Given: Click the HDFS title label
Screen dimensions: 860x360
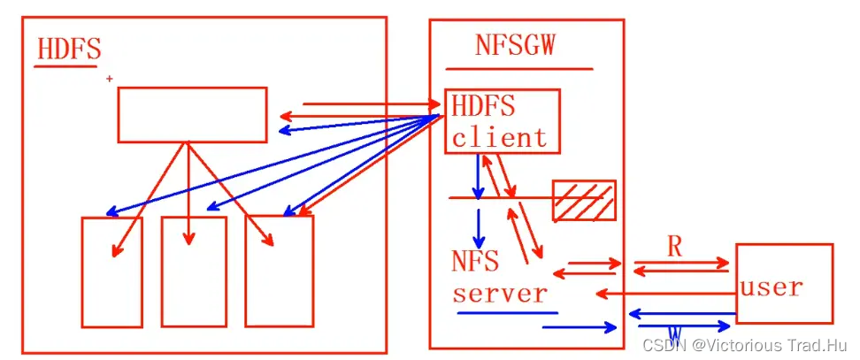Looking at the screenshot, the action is (x=69, y=50).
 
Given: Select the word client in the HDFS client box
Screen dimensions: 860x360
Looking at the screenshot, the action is (x=499, y=137).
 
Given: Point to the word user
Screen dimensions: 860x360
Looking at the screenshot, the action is (x=772, y=287).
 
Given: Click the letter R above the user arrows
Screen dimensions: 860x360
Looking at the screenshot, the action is (x=674, y=248).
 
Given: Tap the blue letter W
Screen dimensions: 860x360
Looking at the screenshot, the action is (x=675, y=333).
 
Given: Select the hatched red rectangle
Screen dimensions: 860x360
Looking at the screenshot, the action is (x=584, y=200).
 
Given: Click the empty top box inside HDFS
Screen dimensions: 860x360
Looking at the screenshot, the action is (x=193, y=114).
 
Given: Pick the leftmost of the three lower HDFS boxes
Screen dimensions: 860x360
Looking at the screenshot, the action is (x=111, y=272).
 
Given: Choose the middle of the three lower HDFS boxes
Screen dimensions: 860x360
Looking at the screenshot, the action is (x=194, y=272).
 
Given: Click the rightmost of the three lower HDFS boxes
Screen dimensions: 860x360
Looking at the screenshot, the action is (x=280, y=271).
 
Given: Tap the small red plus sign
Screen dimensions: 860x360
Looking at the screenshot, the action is (x=110, y=80).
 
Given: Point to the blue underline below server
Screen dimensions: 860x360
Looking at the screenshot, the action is (x=507, y=313).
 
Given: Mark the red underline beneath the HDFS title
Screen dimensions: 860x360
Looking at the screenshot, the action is (x=65, y=66).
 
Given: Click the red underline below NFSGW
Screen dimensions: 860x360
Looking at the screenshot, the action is (x=518, y=69).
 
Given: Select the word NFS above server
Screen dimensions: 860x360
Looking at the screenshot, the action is (x=475, y=260).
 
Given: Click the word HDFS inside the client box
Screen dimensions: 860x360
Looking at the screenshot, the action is (x=483, y=106).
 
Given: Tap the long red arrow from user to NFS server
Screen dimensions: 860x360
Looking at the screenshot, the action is (x=665, y=295).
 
